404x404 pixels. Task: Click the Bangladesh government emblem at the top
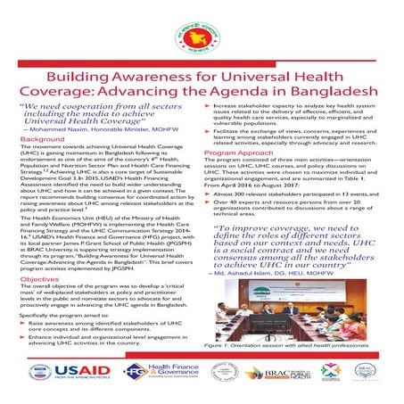202,31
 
